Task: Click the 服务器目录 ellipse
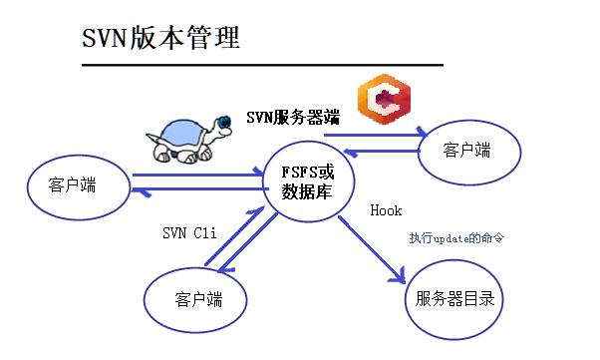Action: tap(453, 298)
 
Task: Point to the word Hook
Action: tap(386, 211)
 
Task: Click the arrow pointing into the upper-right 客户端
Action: tap(375, 133)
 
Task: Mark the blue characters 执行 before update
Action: tap(420, 238)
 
